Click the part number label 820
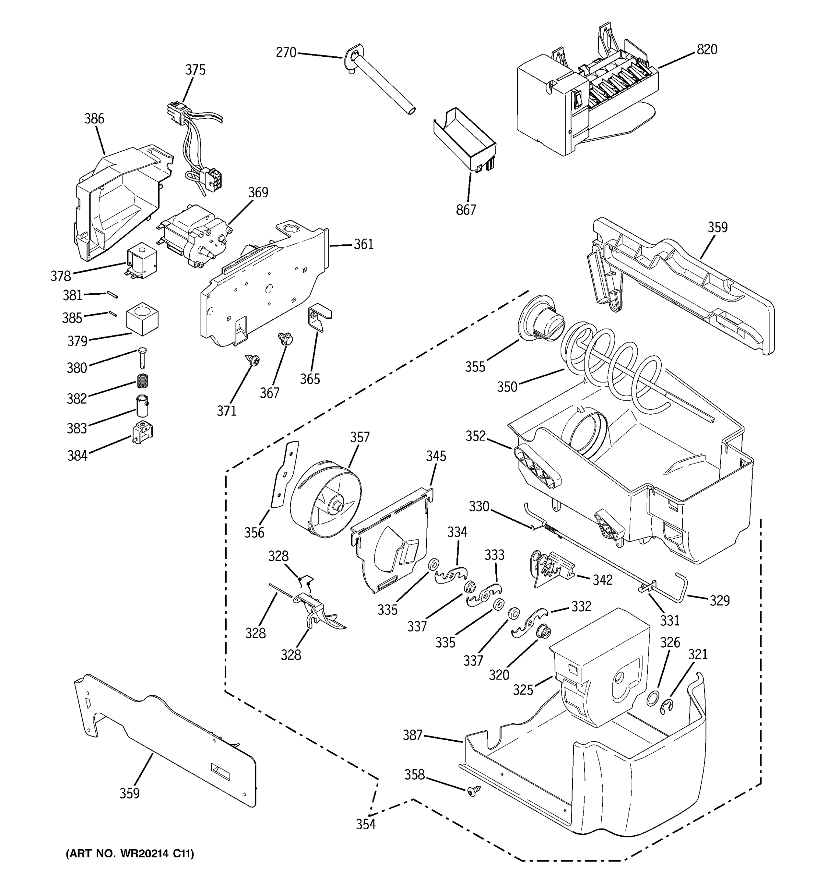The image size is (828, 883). pos(707,49)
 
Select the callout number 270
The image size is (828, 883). pos(286,53)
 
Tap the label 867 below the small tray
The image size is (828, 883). pos(466,210)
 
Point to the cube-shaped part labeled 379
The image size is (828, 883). pos(142,319)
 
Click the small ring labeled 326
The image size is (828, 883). pos(652,699)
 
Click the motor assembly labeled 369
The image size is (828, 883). pos(195,235)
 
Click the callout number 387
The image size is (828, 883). pos(412,735)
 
